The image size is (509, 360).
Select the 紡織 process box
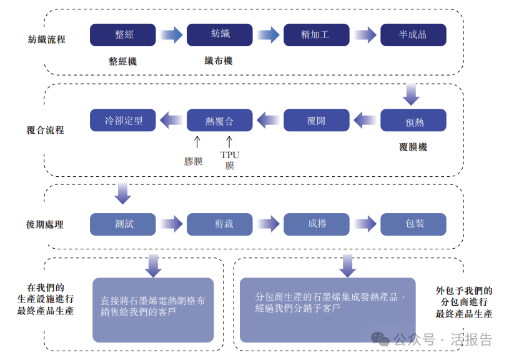click(x=219, y=35)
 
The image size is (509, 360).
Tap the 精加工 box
click(x=316, y=35)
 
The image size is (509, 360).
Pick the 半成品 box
click(x=413, y=35)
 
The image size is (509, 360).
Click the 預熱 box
click(x=413, y=121)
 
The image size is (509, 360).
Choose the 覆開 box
click(x=316, y=121)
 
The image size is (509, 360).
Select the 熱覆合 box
click(x=219, y=121)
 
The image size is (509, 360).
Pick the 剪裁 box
click(x=219, y=224)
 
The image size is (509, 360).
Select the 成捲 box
click(x=316, y=224)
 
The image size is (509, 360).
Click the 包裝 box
click(x=413, y=224)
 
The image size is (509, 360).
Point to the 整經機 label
click(x=122, y=61)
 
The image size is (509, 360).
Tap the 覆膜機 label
click(x=413, y=147)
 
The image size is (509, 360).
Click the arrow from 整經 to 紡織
click(x=171, y=35)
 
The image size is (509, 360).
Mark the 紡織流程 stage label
click(x=46, y=39)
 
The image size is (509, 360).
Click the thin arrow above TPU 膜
click(x=229, y=141)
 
